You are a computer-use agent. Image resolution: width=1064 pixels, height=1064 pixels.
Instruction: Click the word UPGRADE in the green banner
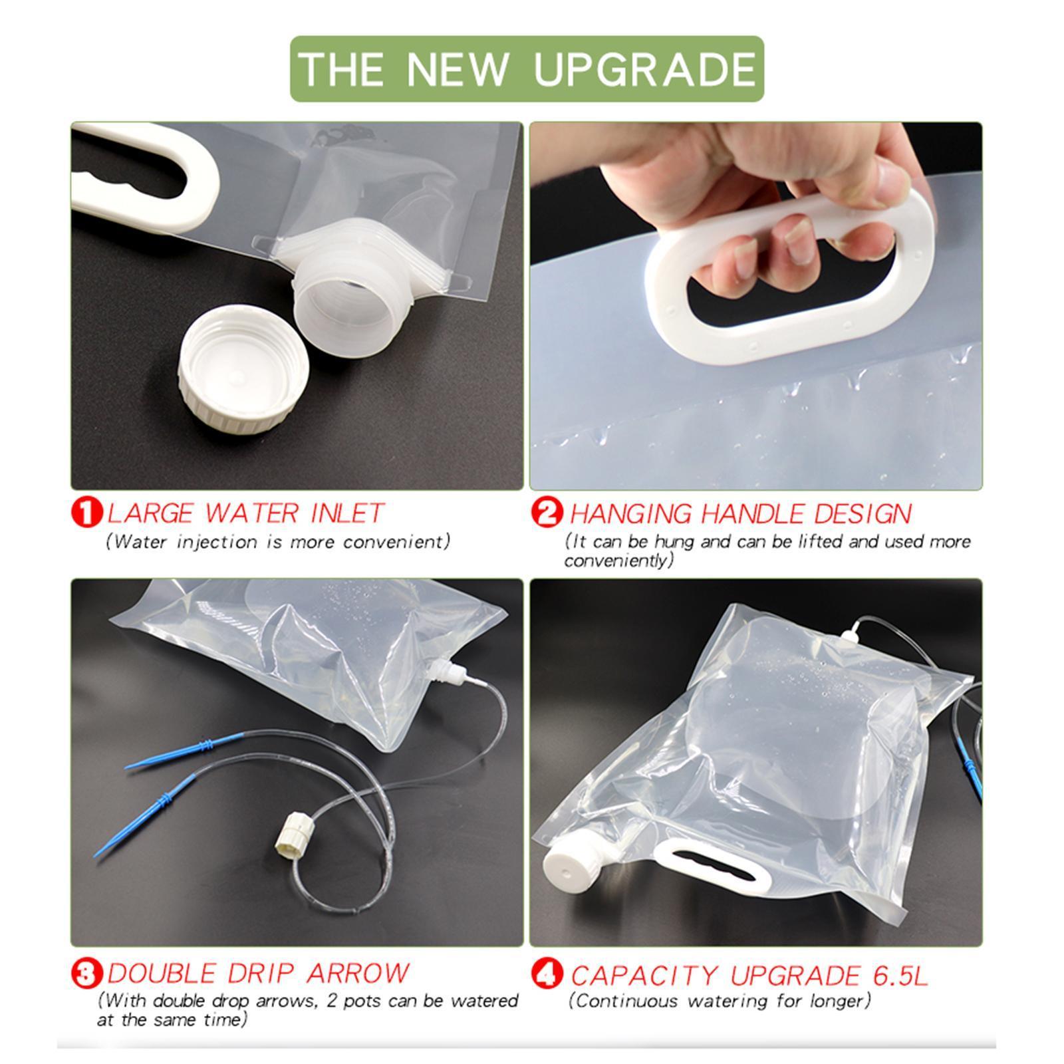point(644,69)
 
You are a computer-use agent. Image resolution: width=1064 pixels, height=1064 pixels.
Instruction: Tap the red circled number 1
point(87,513)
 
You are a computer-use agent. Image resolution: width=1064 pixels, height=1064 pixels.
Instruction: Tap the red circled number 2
point(547,513)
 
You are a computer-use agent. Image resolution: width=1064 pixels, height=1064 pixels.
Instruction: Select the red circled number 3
point(87,975)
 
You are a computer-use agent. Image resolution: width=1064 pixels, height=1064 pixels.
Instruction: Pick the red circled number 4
point(547,975)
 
